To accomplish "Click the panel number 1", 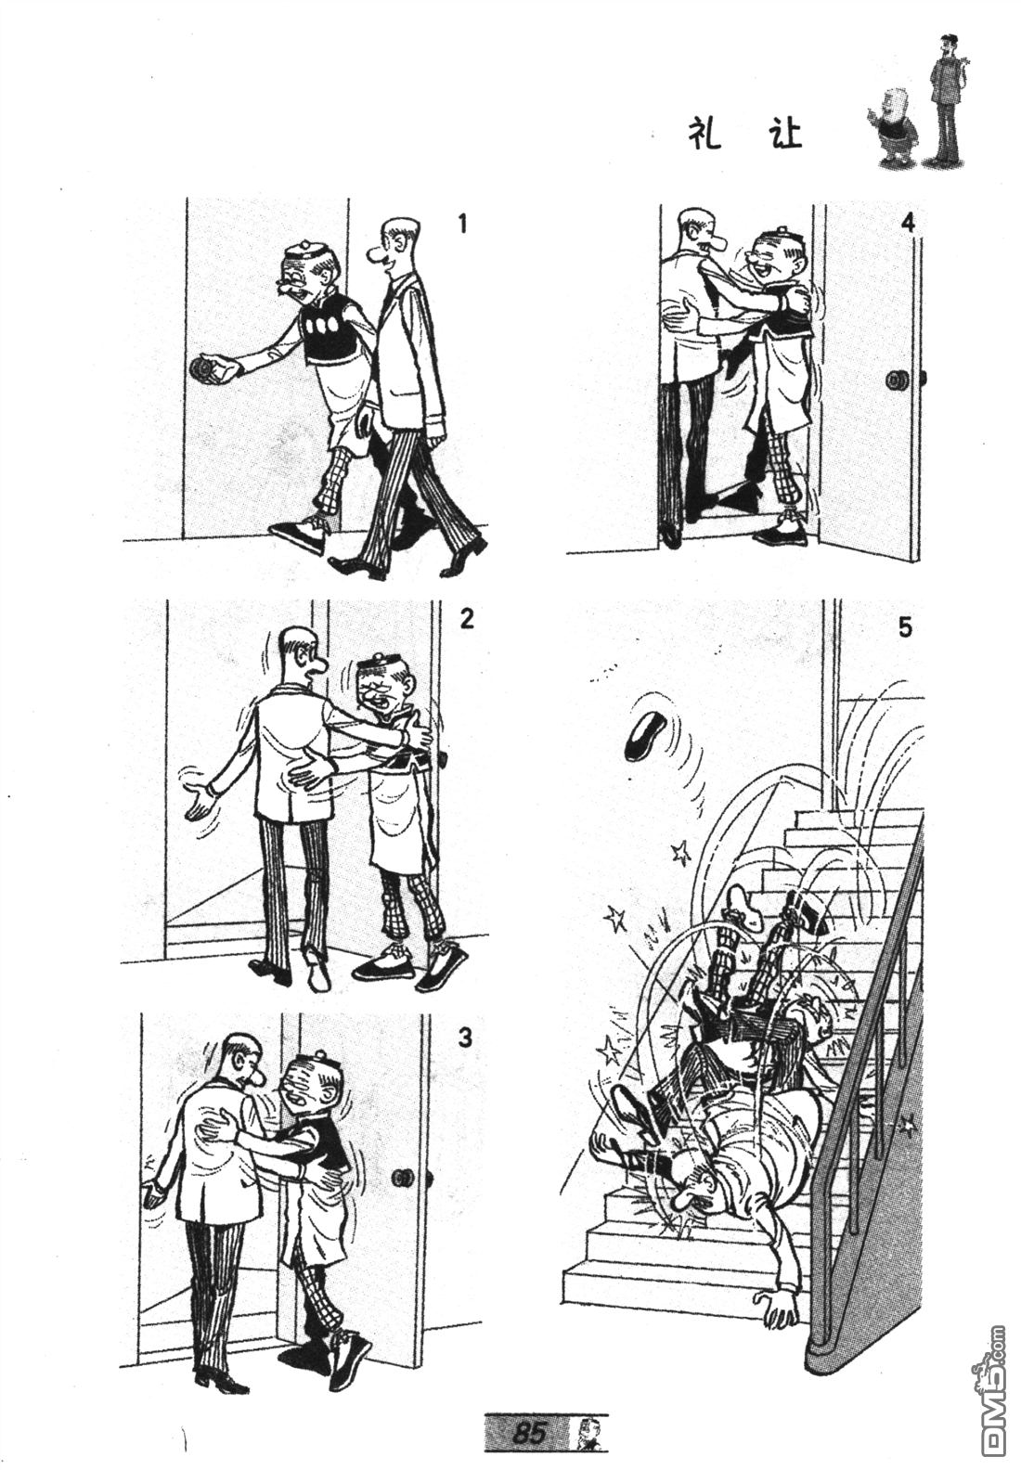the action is coord(462,226).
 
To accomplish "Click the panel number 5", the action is coord(905,628).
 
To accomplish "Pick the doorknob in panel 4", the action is coord(897,380).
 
